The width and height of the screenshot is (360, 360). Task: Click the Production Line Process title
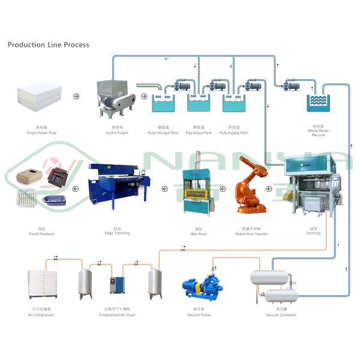point(48,45)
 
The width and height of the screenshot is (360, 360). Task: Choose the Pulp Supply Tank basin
point(235,105)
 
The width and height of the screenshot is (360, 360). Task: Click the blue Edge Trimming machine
point(114,183)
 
